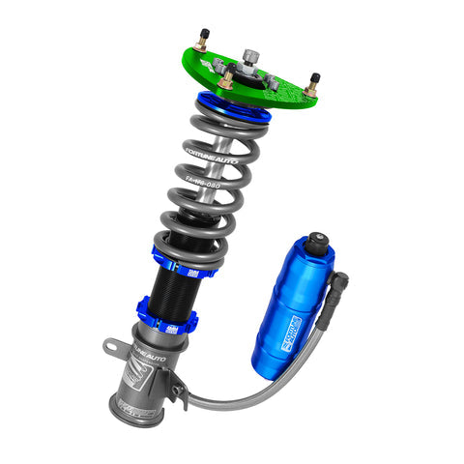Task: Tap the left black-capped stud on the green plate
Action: pos(201,41)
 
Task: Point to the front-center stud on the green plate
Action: pos(225,81)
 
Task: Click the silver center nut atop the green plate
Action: pos(251,55)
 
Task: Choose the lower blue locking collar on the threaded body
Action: pos(167,319)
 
